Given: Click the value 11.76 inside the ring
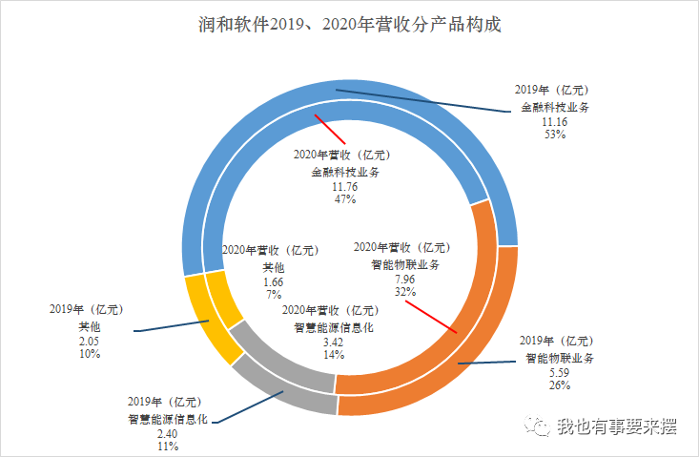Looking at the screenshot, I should coord(339,187).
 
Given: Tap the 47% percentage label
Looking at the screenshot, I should coord(339,199).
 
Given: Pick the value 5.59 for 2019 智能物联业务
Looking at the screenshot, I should coord(559,373).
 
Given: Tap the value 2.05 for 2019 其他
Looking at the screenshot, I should coord(89,341).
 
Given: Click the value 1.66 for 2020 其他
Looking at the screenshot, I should coord(273,282).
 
